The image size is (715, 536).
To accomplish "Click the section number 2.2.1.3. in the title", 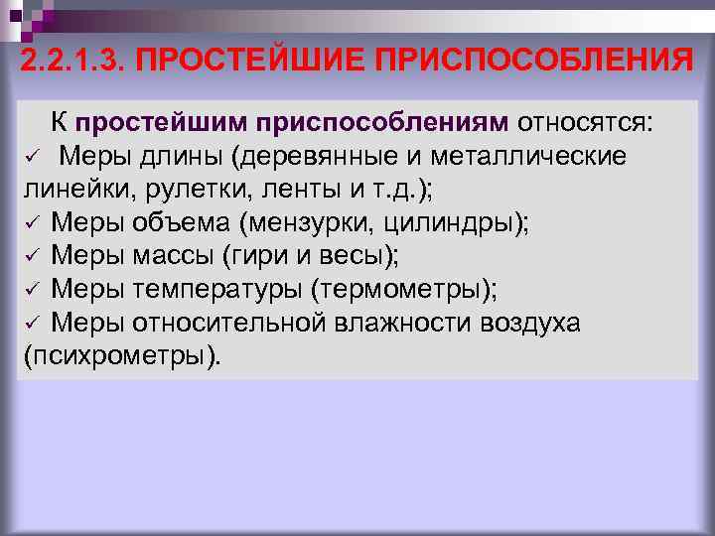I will coord(71,62).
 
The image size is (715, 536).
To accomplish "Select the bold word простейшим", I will coord(161,123).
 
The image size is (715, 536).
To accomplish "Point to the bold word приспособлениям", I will coord(381,123).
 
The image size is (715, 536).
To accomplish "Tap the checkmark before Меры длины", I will coord(31,158).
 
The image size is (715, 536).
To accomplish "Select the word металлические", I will coord(536,156).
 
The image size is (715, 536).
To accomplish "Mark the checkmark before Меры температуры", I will coord(31,290).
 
